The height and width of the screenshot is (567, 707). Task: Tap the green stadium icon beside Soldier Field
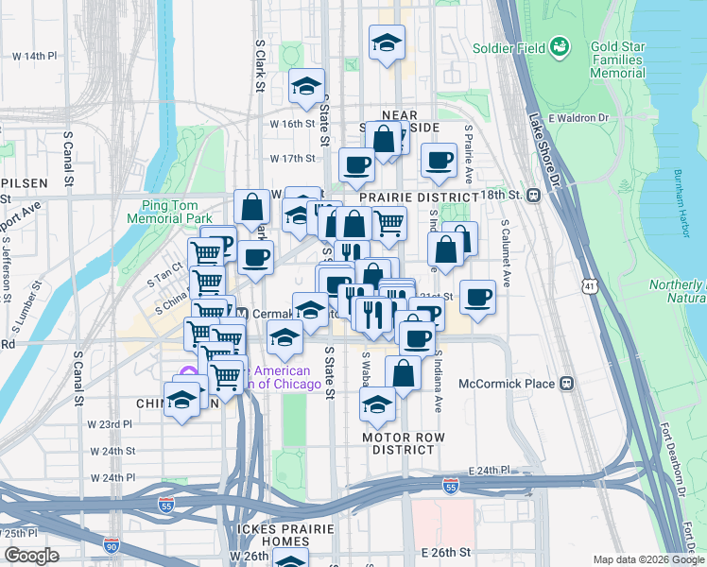(560, 45)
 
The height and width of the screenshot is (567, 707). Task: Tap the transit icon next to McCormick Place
(567, 384)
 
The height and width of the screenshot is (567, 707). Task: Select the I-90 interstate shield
(112, 545)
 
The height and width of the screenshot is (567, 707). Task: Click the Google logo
(31, 556)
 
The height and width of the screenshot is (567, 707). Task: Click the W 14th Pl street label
(35, 56)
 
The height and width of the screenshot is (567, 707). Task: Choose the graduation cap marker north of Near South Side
(385, 43)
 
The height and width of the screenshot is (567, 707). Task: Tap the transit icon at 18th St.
(534, 195)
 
